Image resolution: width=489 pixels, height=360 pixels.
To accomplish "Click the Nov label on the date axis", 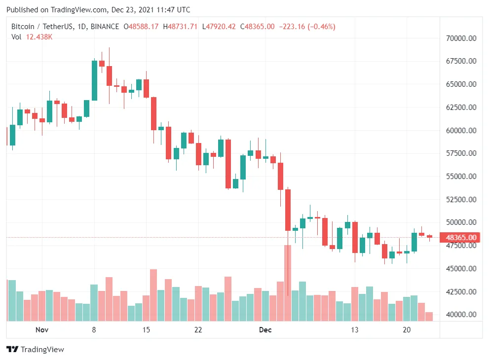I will (x=41, y=329).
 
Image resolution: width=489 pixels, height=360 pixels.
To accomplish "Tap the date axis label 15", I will (x=146, y=329).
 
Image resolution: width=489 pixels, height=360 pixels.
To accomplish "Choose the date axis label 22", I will (x=198, y=329).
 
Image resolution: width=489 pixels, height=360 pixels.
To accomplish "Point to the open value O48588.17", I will (x=141, y=27).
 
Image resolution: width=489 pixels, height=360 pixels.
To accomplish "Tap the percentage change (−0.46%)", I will (x=321, y=27).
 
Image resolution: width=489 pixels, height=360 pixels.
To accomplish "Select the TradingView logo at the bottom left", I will (x=35, y=350).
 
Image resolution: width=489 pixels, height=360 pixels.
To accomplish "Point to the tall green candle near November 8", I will (x=94, y=80).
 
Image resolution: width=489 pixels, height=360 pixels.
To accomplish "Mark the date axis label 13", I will (x=354, y=329).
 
